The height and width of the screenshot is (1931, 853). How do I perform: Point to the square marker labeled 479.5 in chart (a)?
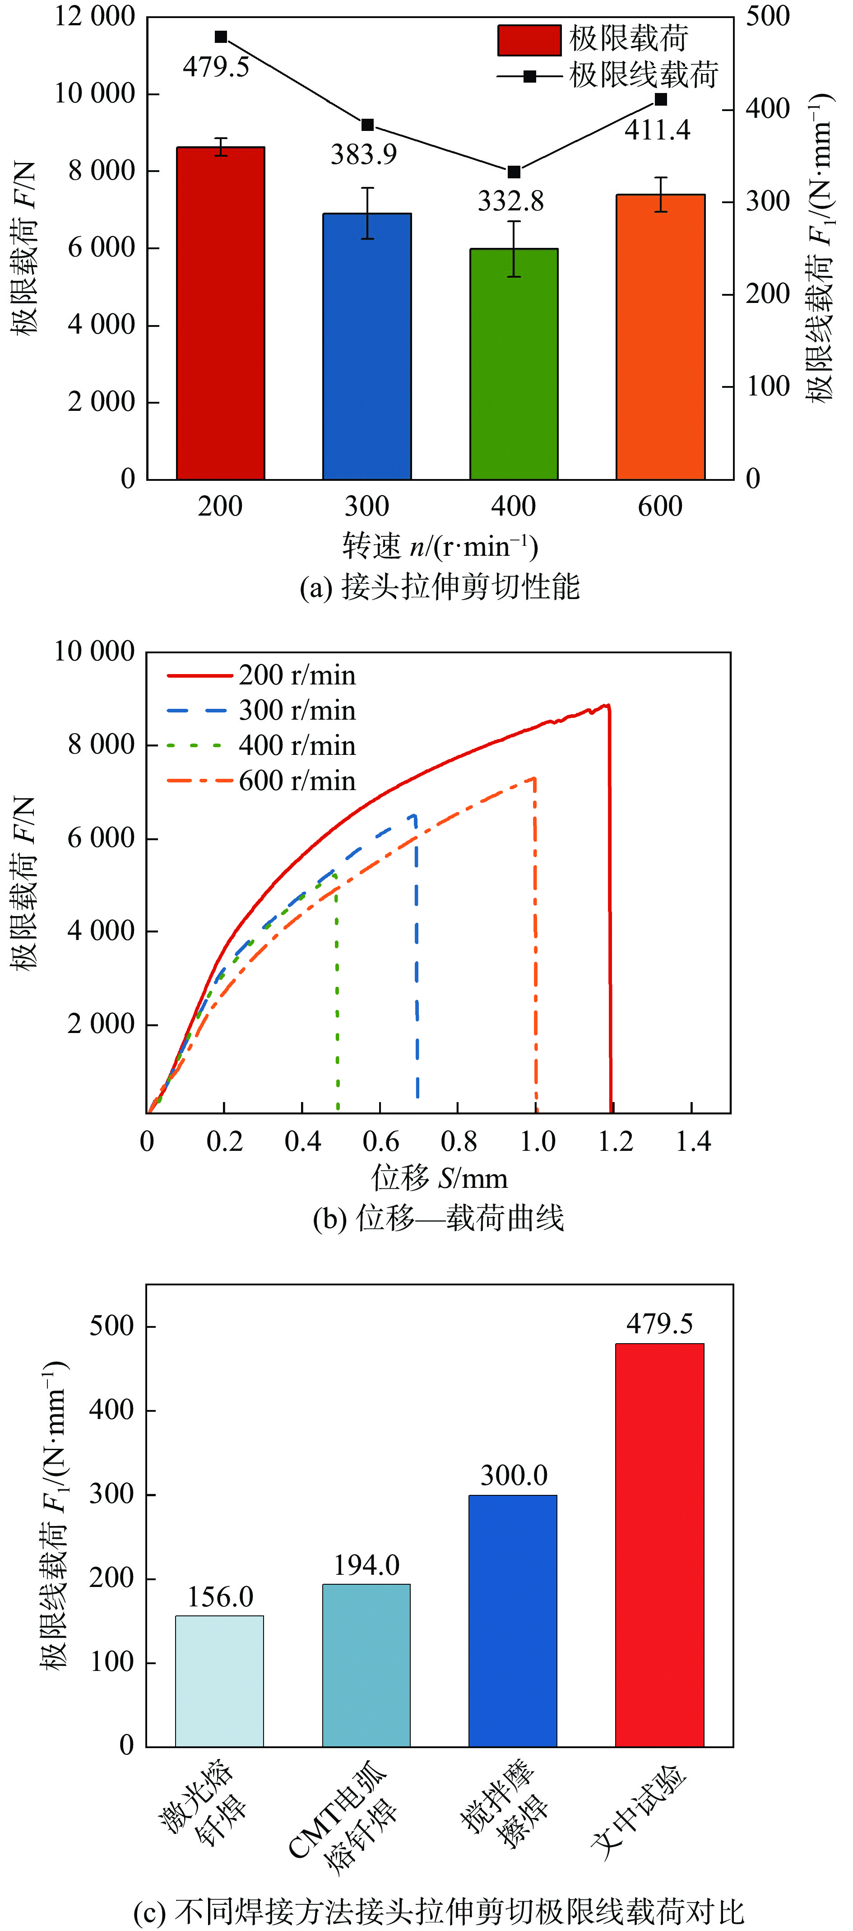tap(220, 37)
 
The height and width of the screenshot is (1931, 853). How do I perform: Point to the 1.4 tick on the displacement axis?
tap(693, 1142)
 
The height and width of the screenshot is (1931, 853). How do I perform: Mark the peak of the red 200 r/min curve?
tap(606, 705)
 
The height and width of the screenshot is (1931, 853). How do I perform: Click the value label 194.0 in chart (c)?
tap(366, 1565)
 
